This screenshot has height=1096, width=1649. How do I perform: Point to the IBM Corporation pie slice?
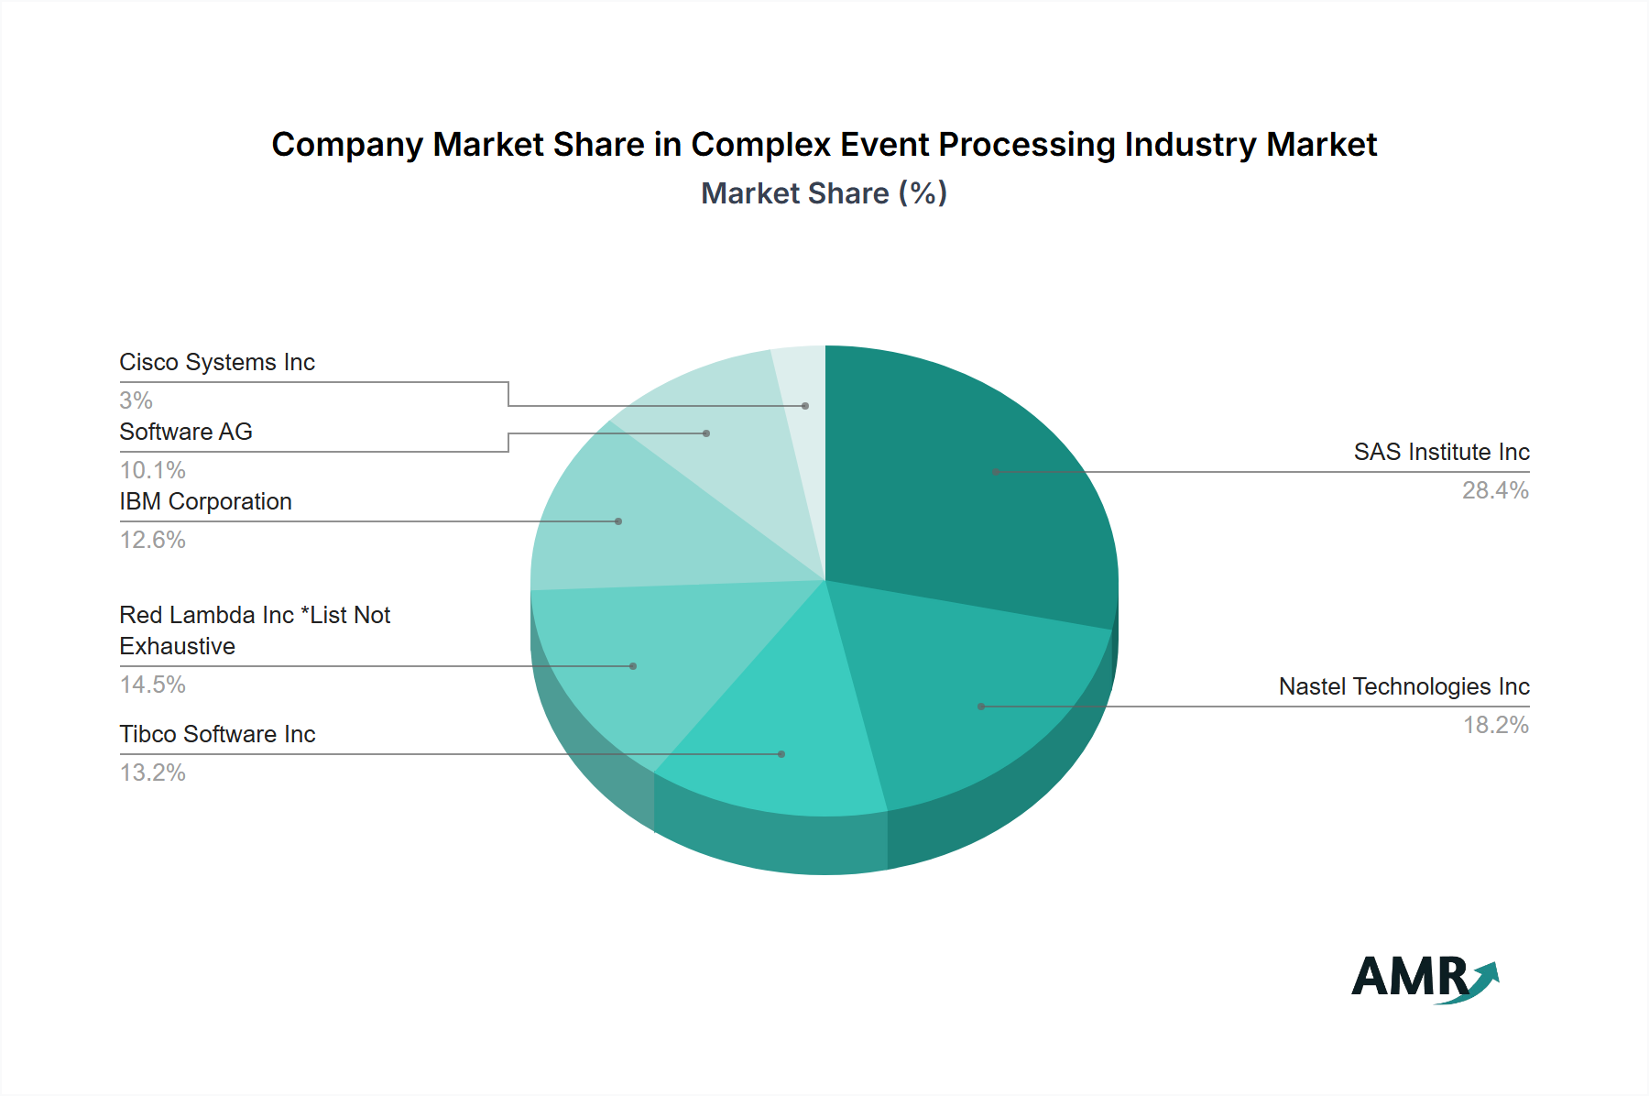632,522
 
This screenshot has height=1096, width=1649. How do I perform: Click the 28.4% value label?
1495,490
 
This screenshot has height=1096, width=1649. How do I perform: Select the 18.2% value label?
1495,725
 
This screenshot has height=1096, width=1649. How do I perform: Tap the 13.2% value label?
153,773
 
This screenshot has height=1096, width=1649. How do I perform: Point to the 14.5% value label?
153,685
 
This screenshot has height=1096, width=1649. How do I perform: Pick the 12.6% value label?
153,540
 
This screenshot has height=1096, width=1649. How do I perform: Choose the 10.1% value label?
153,470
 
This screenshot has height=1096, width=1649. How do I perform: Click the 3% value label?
136,400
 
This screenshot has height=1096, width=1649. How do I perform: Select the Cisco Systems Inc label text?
217,362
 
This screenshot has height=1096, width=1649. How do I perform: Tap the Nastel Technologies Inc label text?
1403,686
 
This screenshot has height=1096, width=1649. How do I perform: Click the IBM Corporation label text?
205,501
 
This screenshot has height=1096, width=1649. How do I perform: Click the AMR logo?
1425,978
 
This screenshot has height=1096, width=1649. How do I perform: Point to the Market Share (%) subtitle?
824,193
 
